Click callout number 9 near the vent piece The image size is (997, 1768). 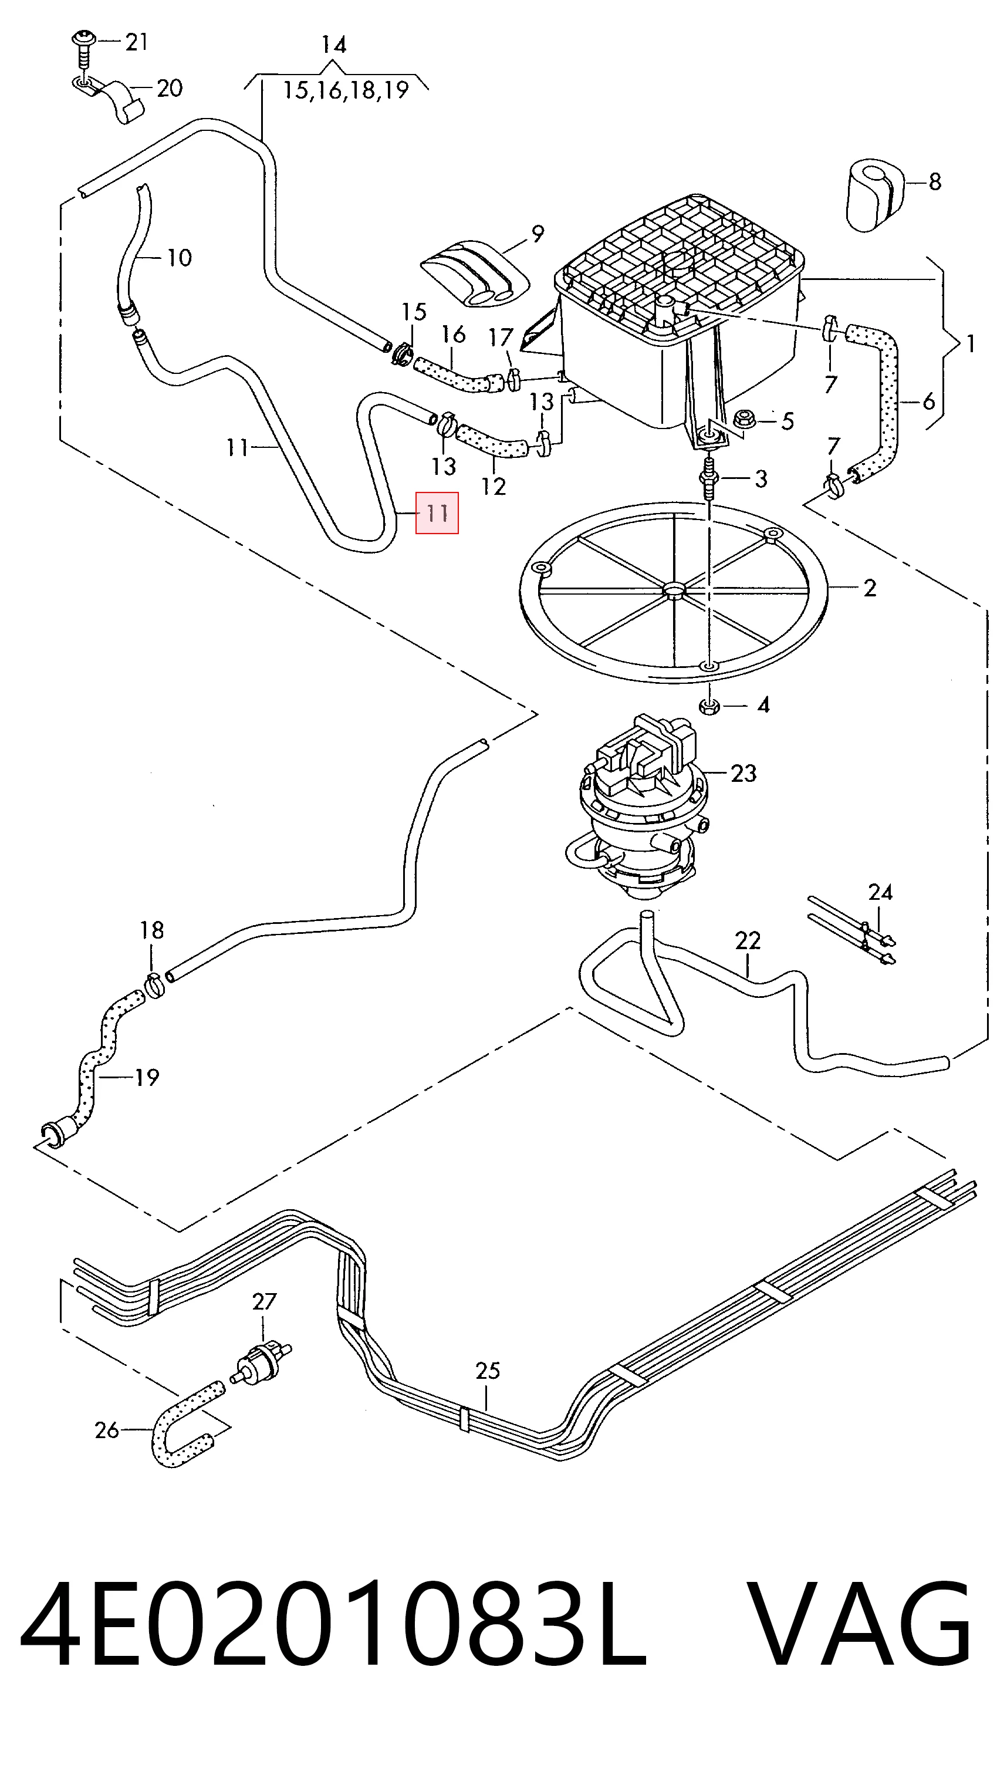pos(538,234)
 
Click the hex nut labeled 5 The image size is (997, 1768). pos(745,419)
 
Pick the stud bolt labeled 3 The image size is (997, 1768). pos(708,479)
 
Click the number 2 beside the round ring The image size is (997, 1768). pos(870,588)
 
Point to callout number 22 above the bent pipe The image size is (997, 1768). pos(748,940)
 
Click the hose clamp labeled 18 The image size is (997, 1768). pos(155,986)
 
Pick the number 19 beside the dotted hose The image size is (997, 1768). pos(147,1077)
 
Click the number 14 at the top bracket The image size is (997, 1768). pos(334,45)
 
